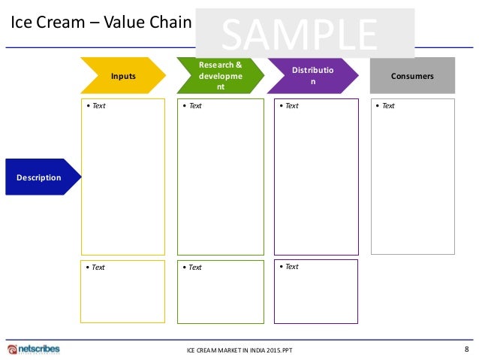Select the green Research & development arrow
tap(219, 76)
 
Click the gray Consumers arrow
tap(412, 76)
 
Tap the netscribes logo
tap(34, 349)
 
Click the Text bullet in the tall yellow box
tap(95, 106)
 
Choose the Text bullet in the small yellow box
tap(95, 268)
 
